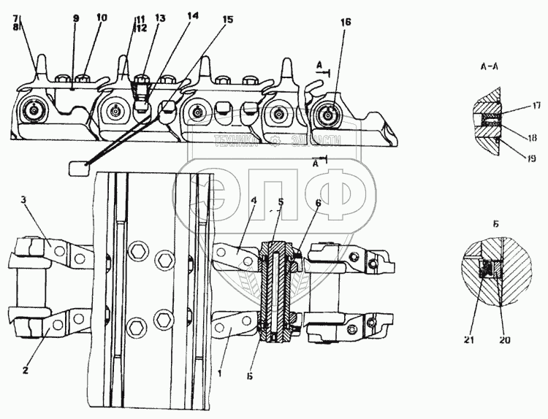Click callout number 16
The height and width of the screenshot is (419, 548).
point(345,23)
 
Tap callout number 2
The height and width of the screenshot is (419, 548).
point(26,350)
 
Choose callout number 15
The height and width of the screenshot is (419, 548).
point(228,20)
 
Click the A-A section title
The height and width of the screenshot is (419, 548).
point(489,66)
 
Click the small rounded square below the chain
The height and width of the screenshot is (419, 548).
point(77,169)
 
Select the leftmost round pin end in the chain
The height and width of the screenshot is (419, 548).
point(33,111)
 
